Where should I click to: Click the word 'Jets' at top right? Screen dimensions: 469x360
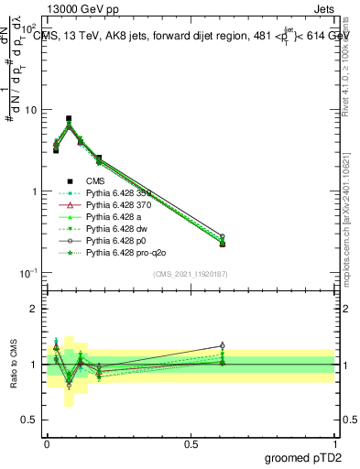coord(324,8)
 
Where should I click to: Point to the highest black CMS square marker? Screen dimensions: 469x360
coord(69,118)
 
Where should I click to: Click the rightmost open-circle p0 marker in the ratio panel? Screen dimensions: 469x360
coord(222,346)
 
